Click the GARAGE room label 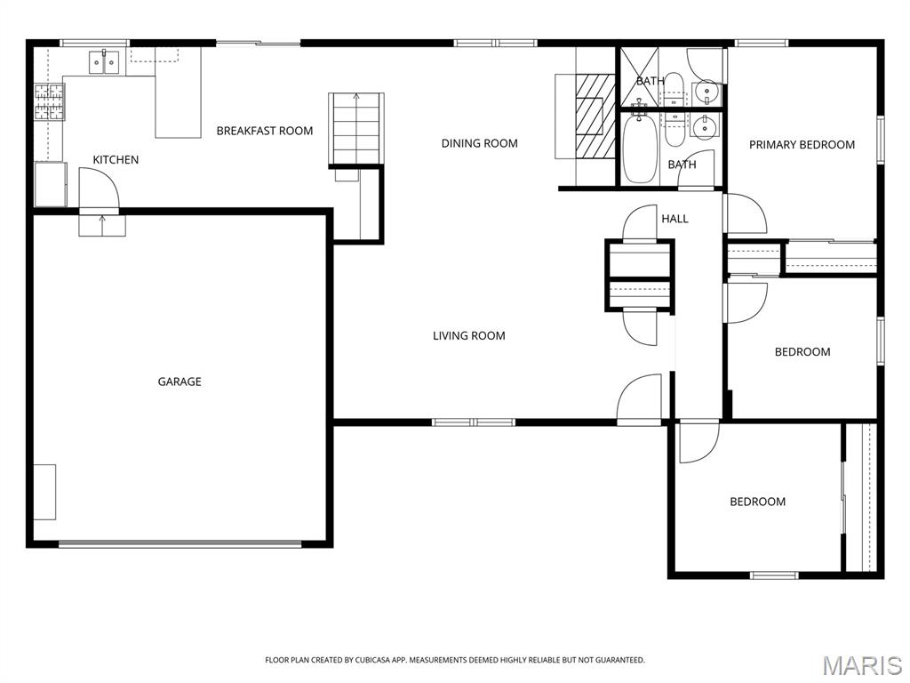(180, 382)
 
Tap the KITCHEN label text (116, 160)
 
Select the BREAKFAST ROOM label (265, 131)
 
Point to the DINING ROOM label (479, 143)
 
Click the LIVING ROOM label (469, 335)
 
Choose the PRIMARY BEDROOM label (802, 145)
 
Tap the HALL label (675, 219)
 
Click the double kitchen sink (104, 62)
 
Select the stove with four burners (50, 101)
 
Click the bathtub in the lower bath (640, 149)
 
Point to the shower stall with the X (640, 77)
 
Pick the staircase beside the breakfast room (356, 129)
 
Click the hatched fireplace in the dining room (595, 116)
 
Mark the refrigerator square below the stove (51, 184)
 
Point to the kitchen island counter (178, 92)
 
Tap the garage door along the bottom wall (180, 544)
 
